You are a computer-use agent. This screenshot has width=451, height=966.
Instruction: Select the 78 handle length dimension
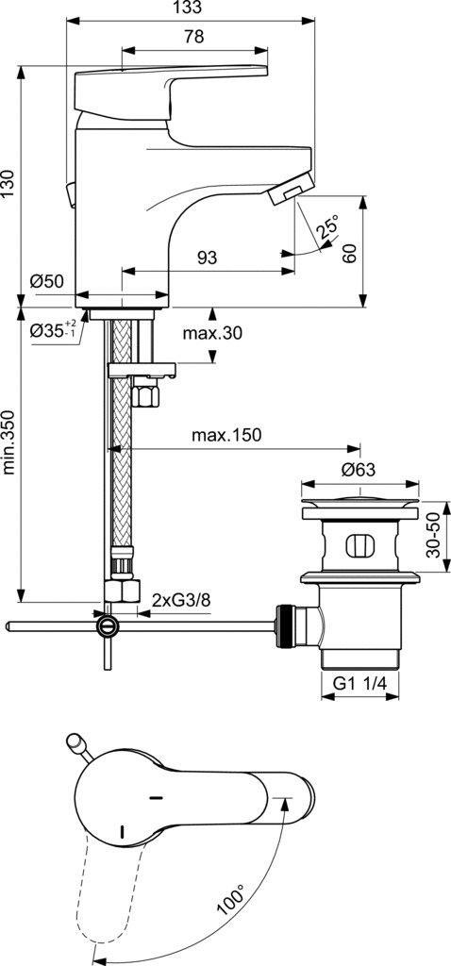[x=194, y=37]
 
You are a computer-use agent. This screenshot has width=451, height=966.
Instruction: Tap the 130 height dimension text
[x=8, y=184]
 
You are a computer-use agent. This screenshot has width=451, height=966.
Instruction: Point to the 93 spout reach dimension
[x=207, y=258]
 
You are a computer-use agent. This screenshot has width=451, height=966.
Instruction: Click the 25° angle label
[x=328, y=228]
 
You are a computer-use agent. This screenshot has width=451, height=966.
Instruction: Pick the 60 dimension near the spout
[x=349, y=253]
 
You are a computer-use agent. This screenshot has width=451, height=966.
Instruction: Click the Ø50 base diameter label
[x=47, y=281]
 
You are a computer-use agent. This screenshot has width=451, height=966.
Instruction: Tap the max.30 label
[x=212, y=333]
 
